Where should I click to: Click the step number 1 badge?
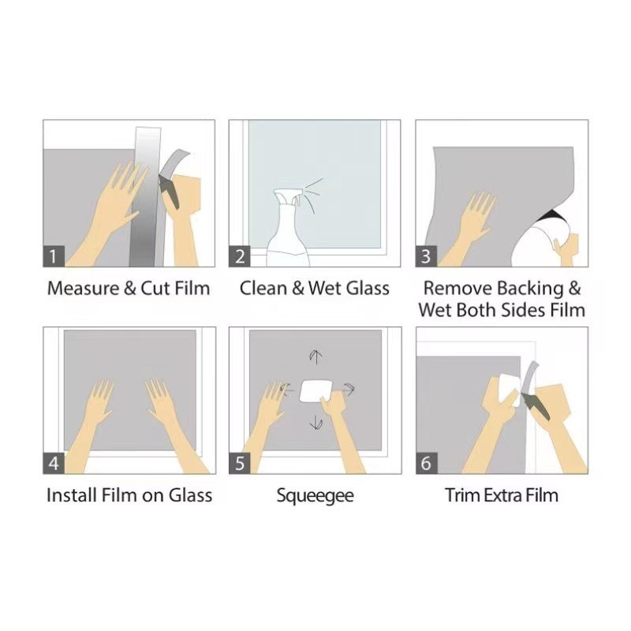click(54, 256)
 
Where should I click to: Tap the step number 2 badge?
click(240, 256)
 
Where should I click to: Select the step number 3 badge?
click(426, 256)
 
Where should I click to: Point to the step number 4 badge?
click(54, 463)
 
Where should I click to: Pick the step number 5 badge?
click(240, 463)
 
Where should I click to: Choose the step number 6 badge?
click(427, 463)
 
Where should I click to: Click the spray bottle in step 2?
click(288, 230)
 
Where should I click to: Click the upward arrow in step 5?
click(315, 357)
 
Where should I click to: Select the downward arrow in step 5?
click(316, 422)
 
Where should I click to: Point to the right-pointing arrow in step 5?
click(349, 389)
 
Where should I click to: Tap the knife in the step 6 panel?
click(536, 406)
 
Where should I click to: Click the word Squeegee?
click(315, 496)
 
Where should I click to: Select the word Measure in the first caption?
click(84, 289)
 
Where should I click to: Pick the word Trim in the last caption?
click(462, 495)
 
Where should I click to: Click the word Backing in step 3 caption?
click(530, 289)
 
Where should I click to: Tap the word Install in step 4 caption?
click(72, 495)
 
